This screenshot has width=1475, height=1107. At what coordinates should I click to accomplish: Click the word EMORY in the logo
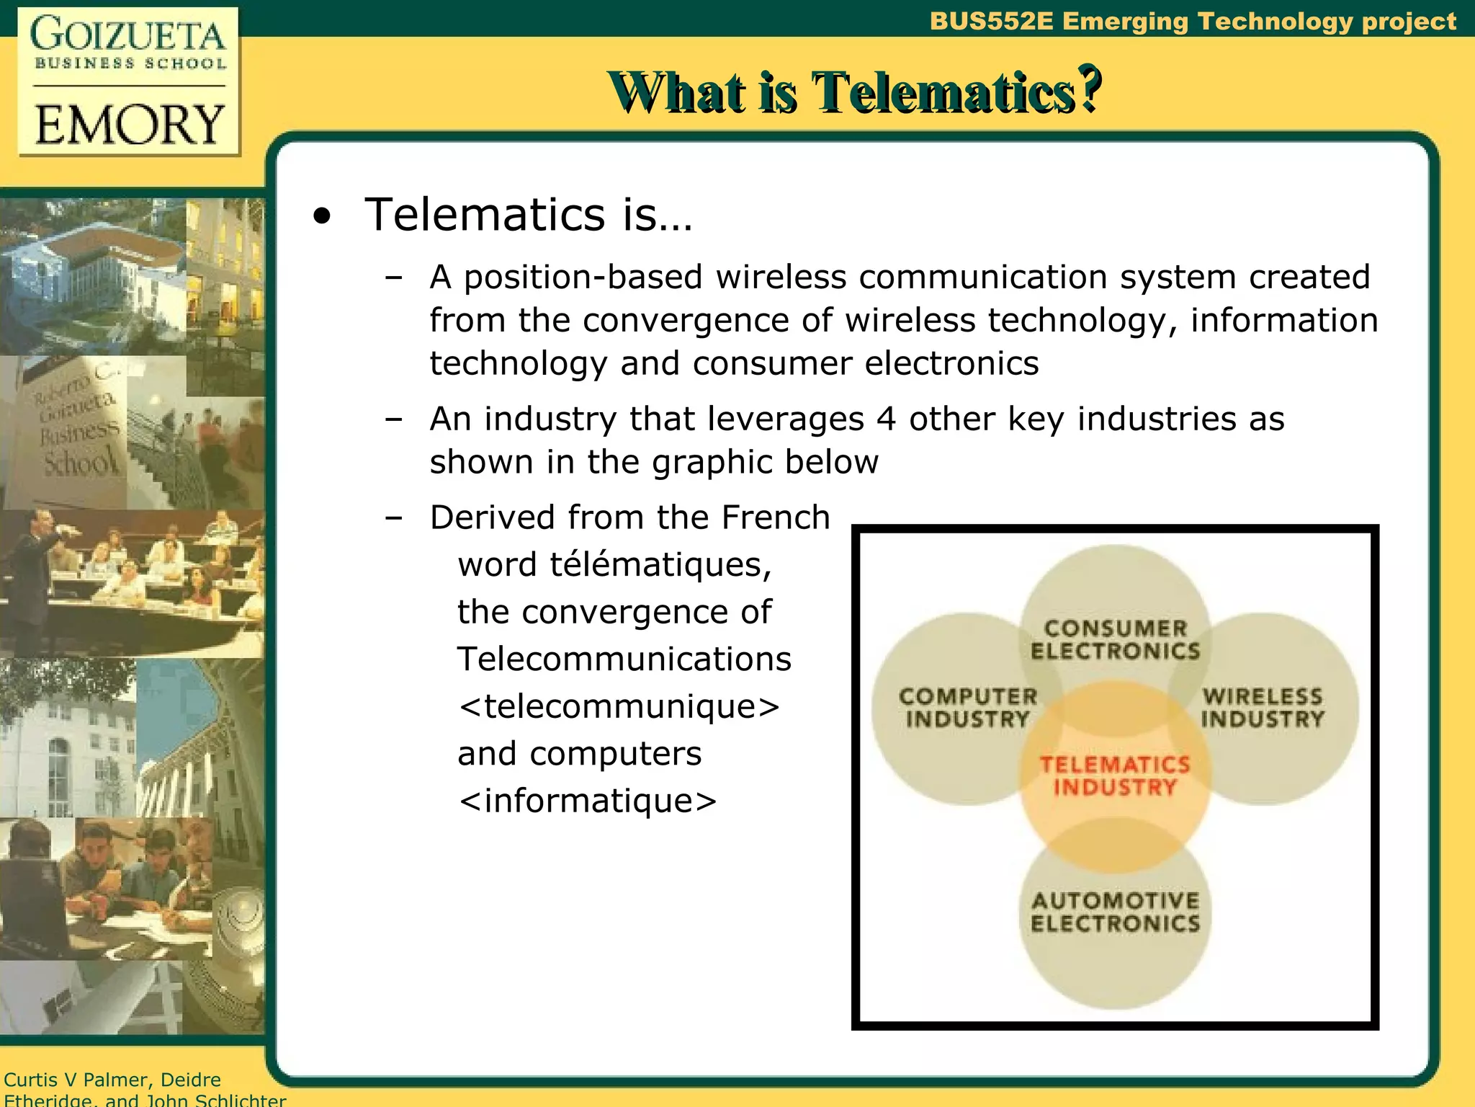(130, 125)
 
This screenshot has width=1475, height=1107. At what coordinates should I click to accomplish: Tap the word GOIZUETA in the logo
(128, 35)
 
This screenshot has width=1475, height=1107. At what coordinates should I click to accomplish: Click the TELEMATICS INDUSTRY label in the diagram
(1115, 776)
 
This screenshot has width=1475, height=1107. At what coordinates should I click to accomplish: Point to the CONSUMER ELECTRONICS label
(1115, 639)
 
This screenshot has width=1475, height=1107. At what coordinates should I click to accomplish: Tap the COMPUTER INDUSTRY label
(968, 708)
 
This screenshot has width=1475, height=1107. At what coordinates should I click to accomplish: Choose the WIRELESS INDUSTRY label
(1263, 708)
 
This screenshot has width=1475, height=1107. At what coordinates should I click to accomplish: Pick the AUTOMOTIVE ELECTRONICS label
(1115, 912)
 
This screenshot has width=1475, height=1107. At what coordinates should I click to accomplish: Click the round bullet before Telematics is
(322, 216)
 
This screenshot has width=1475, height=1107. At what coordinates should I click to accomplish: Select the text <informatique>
(588, 800)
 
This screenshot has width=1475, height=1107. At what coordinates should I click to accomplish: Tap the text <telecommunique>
(619, 706)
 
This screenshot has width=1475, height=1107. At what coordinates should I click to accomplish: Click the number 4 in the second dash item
(886, 419)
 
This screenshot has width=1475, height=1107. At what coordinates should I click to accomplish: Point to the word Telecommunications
(624, 659)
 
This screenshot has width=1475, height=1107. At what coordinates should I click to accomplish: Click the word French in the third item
(776, 517)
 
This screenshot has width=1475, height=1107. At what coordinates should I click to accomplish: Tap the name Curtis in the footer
(30, 1080)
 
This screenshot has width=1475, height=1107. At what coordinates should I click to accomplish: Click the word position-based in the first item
(583, 277)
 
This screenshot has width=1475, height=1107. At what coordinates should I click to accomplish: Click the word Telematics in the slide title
(943, 92)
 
